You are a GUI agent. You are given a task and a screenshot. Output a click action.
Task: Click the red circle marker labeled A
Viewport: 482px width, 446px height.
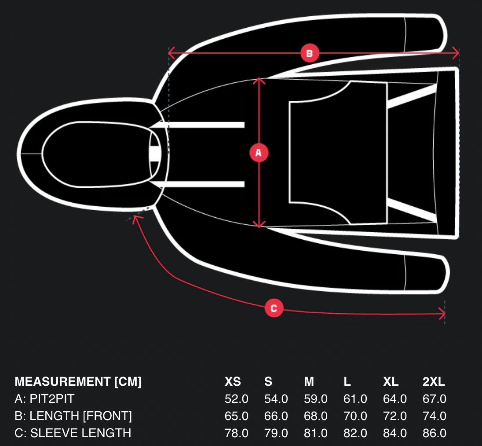(259, 153)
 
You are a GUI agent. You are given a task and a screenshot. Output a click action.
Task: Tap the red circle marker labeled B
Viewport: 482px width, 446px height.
(310, 53)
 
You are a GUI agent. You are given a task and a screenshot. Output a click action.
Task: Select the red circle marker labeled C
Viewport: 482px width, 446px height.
(274, 308)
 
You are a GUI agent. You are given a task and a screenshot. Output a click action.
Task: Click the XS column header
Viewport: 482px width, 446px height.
(233, 381)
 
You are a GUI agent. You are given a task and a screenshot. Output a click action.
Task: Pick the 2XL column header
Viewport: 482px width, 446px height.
(434, 381)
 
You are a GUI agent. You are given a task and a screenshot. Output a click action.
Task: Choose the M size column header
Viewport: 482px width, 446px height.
(309, 381)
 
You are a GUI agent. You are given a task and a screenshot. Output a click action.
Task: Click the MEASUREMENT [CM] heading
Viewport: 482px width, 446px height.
(78, 381)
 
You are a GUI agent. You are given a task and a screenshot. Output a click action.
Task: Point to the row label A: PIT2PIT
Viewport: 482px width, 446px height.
(44, 398)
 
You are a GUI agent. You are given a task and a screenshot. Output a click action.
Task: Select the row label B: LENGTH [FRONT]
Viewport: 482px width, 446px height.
(73, 416)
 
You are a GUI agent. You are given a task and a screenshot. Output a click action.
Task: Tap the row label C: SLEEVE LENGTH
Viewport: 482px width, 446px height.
(73, 433)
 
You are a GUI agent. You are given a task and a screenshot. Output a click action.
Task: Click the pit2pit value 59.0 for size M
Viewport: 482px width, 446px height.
(316, 398)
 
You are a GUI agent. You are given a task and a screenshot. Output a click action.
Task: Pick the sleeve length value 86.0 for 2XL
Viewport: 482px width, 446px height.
(435, 433)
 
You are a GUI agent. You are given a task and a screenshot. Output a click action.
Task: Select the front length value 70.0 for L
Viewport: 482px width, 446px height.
(355, 416)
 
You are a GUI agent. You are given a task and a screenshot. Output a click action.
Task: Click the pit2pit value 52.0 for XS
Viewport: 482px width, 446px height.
(237, 398)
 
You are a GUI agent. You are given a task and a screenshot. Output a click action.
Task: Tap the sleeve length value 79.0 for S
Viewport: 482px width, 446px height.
(276, 433)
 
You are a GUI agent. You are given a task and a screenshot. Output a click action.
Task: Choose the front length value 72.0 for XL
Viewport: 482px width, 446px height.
(395, 416)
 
